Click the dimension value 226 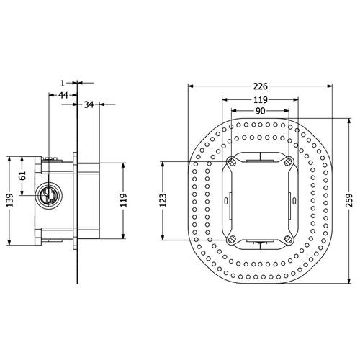(261, 86)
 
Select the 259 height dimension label (350, 200)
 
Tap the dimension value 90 (261, 111)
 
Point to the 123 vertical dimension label (163, 200)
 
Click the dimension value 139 (9, 200)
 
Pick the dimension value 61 (22, 176)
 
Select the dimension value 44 (63, 95)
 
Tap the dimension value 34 (89, 104)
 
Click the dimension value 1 (63, 84)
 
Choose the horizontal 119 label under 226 (261, 99)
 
